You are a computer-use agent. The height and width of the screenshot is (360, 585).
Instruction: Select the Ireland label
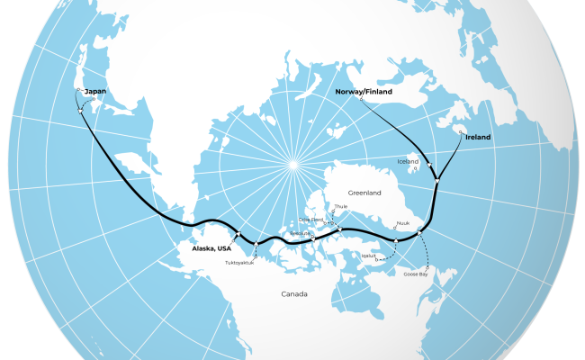click(478, 137)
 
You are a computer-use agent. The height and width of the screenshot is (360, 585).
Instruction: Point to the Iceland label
click(408, 162)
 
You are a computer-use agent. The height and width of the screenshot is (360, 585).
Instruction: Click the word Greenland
click(366, 193)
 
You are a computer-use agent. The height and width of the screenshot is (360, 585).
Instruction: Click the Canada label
click(293, 294)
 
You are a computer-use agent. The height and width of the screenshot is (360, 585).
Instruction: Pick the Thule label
click(340, 207)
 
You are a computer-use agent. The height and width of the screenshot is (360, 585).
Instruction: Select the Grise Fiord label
click(310, 219)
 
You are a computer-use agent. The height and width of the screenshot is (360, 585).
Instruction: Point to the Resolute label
click(301, 233)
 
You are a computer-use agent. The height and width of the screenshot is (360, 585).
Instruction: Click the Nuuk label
click(402, 224)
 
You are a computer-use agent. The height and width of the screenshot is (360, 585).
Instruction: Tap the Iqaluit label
click(368, 256)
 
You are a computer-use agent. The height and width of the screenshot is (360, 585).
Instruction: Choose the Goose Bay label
click(416, 274)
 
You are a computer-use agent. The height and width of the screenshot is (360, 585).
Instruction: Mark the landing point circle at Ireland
click(460, 131)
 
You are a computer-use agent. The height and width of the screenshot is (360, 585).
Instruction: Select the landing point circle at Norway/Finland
click(362, 99)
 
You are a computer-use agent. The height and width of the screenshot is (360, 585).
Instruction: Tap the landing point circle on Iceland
click(415, 168)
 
